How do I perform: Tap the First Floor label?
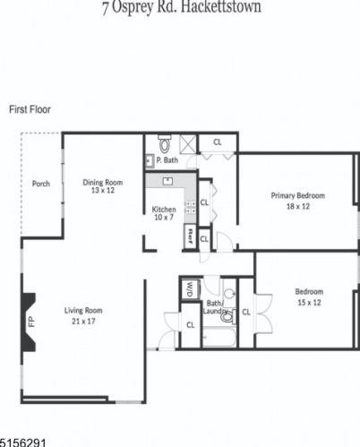tap(30, 109)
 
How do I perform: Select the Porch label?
tap(40, 185)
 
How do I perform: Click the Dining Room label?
tap(103, 183)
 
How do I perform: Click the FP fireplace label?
tap(30, 320)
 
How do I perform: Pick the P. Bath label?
tap(166, 161)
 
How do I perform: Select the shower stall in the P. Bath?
tap(188, 144)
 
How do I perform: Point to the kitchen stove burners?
tap(190, 207)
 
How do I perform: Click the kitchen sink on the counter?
tap(167, 180)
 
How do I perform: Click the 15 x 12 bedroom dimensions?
tap(309, 302)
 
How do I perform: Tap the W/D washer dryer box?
tap(190, 288)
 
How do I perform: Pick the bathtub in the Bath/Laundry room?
tap(218, 337)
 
